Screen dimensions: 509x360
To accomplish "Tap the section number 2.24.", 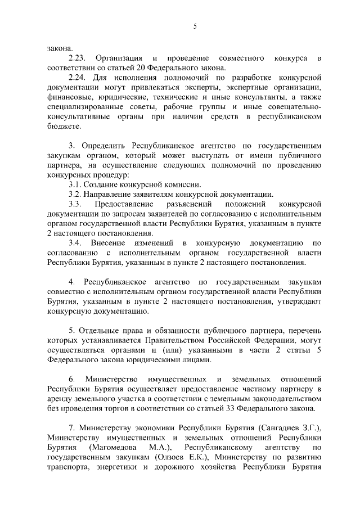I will [x=78, y=75].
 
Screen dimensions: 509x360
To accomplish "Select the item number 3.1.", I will [x=75, y=184].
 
